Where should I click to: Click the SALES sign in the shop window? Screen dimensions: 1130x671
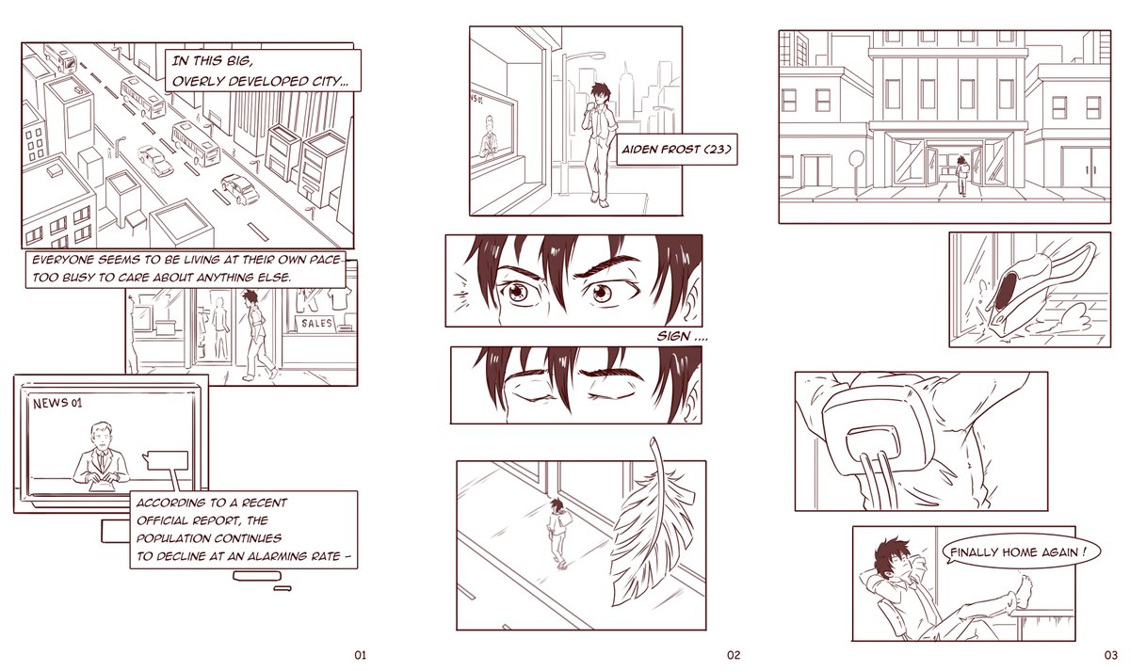click(316, 323)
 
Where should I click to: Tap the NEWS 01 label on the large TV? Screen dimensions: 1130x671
click(57, 404)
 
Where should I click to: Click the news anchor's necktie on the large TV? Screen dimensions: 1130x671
click(102, 461)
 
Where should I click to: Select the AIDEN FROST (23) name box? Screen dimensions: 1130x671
click(676, 150)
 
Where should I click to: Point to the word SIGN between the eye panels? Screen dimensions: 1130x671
click(673, 336)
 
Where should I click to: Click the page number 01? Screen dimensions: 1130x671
click(360, 655)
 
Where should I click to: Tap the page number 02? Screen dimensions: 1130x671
click(734, 655)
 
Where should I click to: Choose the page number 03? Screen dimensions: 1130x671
click(1111, 655)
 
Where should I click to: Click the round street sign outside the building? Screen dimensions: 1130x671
click(856, 159)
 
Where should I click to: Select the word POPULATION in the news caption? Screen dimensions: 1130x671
click(176, 538)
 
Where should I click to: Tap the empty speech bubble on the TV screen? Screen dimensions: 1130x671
click(166, 460)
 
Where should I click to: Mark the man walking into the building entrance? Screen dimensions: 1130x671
click(961, 175)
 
